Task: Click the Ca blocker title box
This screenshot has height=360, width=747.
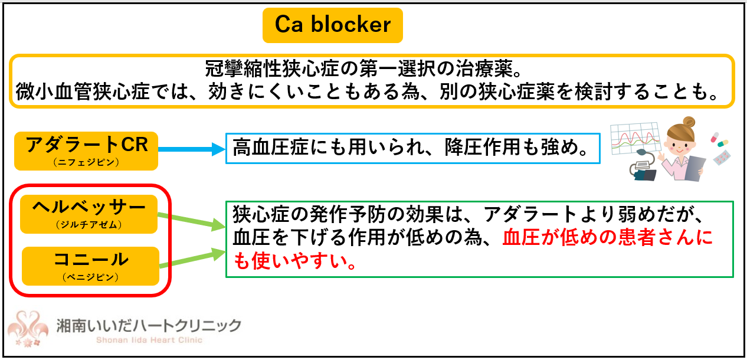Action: (x=332, y=25)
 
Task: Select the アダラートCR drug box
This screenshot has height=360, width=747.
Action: (x=86, y=151)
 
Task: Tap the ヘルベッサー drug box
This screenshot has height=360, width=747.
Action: (x=89, y=214)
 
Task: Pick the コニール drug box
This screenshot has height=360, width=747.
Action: (x=90, y=266)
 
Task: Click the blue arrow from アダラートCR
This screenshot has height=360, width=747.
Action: (x=192, y=149)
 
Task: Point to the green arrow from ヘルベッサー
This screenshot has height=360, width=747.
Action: (x=192, y=220)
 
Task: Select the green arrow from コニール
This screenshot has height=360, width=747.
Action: (x=193, y=258)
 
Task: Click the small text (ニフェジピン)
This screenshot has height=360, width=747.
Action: (x=86, y=162)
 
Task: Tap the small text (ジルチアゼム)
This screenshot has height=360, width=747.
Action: (x=89, y=224)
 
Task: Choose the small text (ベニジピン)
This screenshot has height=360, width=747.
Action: (x=90, y=277)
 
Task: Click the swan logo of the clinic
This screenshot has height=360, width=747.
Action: (x=28, y=329)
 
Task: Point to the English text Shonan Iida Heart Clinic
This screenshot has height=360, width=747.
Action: (x=149, y=341)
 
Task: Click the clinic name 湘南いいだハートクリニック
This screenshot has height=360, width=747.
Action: (x=149, y=325)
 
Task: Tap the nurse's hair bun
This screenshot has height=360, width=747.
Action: (x=689, y=122)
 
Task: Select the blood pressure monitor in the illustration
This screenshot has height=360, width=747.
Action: (x=643, y=167)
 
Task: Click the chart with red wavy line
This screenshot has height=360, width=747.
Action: (x=635, y=138)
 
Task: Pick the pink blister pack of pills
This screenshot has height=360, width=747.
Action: (x=722, y=158)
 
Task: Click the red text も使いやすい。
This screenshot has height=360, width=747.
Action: (x=295, y=261)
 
